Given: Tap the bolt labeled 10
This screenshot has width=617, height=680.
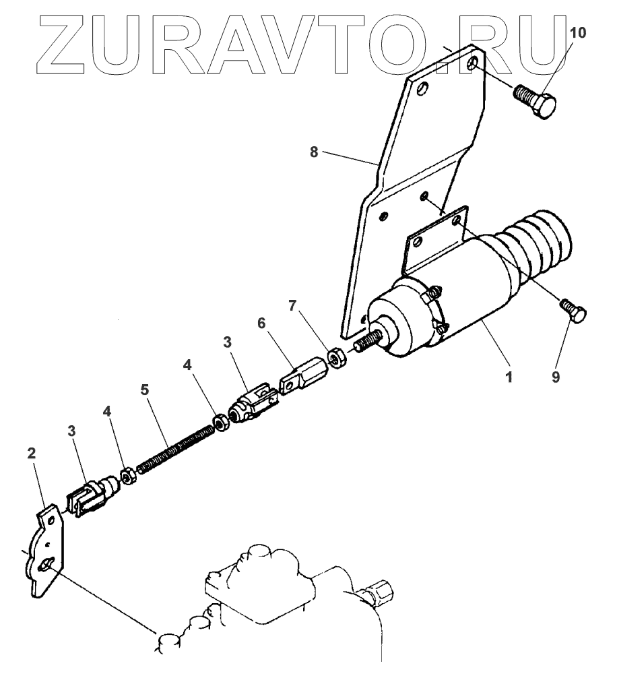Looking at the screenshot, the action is [x=536, y=102].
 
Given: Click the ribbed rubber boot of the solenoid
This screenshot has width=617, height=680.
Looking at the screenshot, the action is [x=539, y=246].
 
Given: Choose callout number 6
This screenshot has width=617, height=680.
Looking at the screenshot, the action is [x=261, y=323].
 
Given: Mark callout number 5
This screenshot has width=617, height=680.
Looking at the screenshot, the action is [x=144, y=390].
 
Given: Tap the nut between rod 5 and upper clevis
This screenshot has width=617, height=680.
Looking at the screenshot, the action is [x=220, y=423].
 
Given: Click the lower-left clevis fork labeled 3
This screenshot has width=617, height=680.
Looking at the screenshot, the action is [x=86, y=496].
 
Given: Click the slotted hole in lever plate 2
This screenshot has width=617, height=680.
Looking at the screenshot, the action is [x=46, y=565].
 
